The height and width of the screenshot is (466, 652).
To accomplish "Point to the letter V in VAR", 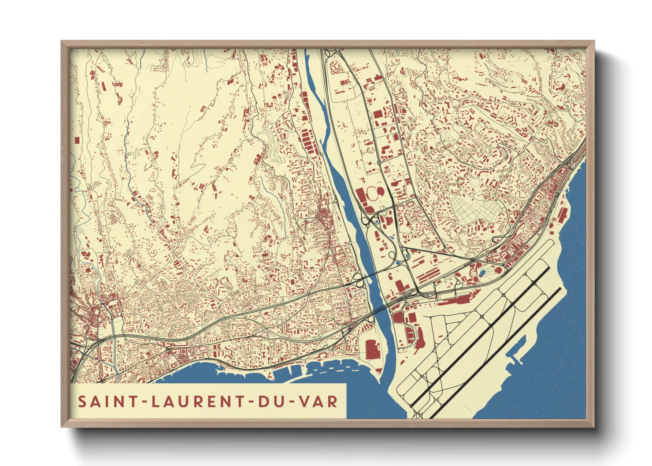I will pos(304,401).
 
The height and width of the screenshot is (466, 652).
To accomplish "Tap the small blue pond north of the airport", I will pos(482,273).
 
